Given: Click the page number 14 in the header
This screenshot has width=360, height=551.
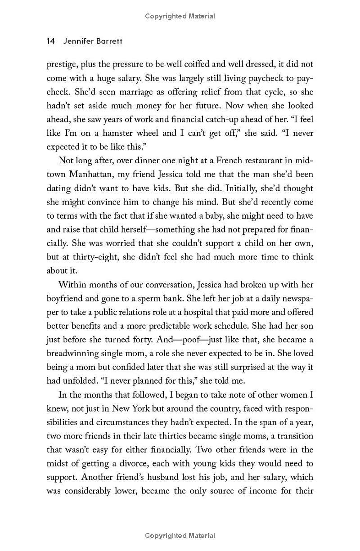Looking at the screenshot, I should point(50,41).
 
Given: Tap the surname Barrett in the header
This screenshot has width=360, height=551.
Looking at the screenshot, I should point(108,41).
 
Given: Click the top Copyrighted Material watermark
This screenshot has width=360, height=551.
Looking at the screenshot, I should point(180,16).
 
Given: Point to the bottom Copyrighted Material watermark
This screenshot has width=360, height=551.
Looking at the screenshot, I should point(180,536).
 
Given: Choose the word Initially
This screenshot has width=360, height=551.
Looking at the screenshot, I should point(251,188).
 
